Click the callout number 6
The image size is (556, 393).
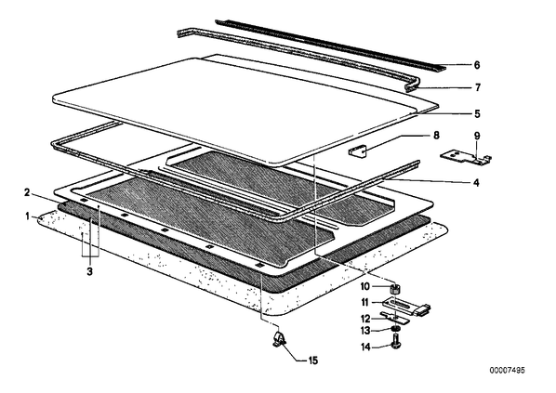477,65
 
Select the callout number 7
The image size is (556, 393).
478,87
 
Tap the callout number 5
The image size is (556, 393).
477,114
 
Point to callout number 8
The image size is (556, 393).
436,136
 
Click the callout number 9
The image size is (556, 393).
477,136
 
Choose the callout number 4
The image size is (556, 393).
477,183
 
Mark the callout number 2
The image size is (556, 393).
27,192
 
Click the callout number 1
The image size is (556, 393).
27,216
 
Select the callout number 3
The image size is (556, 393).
89,272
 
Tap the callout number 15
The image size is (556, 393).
312,360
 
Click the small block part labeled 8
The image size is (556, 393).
357,152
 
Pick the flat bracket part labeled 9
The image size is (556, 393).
466,157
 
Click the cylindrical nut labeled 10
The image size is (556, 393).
395,289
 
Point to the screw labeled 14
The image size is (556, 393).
396,345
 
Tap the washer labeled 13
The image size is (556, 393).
396,330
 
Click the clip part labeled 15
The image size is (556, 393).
279,339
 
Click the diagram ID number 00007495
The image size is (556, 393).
507,371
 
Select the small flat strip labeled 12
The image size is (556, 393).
394,317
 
